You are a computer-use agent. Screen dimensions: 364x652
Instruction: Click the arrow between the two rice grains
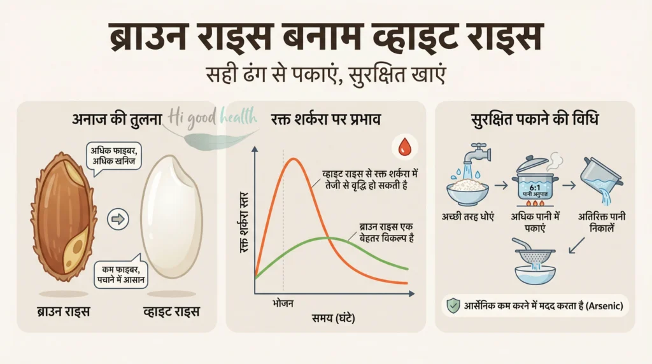[x=118, y=220]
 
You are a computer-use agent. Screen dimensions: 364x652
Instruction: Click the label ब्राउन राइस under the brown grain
[x=63, y=311]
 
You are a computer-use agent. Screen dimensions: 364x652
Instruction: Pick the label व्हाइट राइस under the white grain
[x=170, y=311]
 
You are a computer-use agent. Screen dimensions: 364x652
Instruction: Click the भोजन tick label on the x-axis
[x=283, y=304]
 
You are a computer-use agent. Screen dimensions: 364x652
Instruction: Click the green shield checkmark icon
[x=453, y=306]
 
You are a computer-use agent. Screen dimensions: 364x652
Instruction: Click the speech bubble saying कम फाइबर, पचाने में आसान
[x=120, y=276]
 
